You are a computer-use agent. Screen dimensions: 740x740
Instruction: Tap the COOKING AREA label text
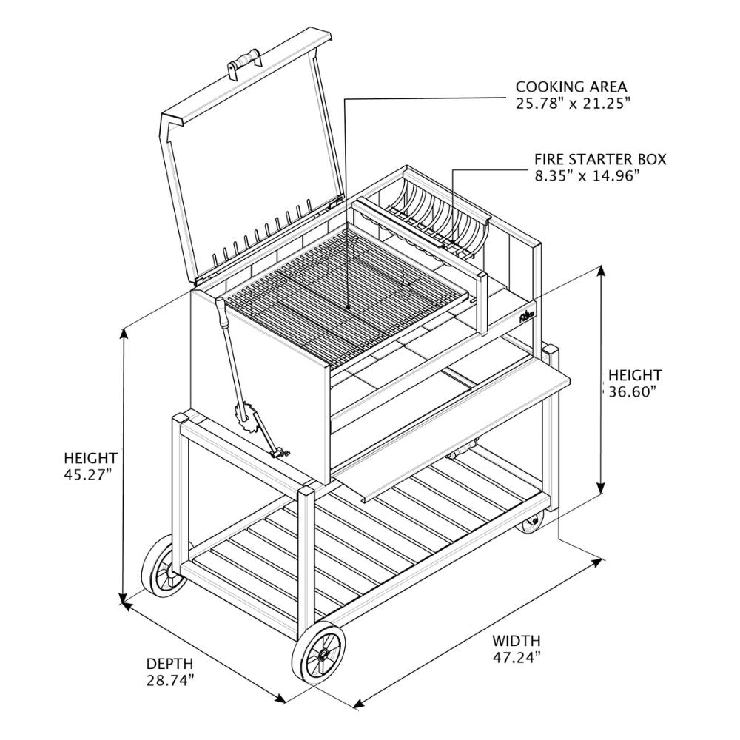pos(571,87)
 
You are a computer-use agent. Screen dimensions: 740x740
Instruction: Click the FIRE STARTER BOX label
pos(600,159)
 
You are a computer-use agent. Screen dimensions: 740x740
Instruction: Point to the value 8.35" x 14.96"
pos(587,175)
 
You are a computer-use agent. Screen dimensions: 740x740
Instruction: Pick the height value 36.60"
pos(633,392)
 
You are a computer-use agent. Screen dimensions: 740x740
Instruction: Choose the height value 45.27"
pos(88,474)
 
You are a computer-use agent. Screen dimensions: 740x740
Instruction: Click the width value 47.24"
pos(517,656)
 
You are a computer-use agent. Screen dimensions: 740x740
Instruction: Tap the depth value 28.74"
pos(170,679)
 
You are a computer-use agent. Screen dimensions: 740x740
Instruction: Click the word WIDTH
pos(517,640)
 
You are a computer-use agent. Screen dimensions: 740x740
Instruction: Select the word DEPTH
pos(169,663)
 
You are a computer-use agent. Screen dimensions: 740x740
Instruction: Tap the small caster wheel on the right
pos(530,525)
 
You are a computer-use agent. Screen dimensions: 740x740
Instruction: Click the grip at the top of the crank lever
pos(221,314)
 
